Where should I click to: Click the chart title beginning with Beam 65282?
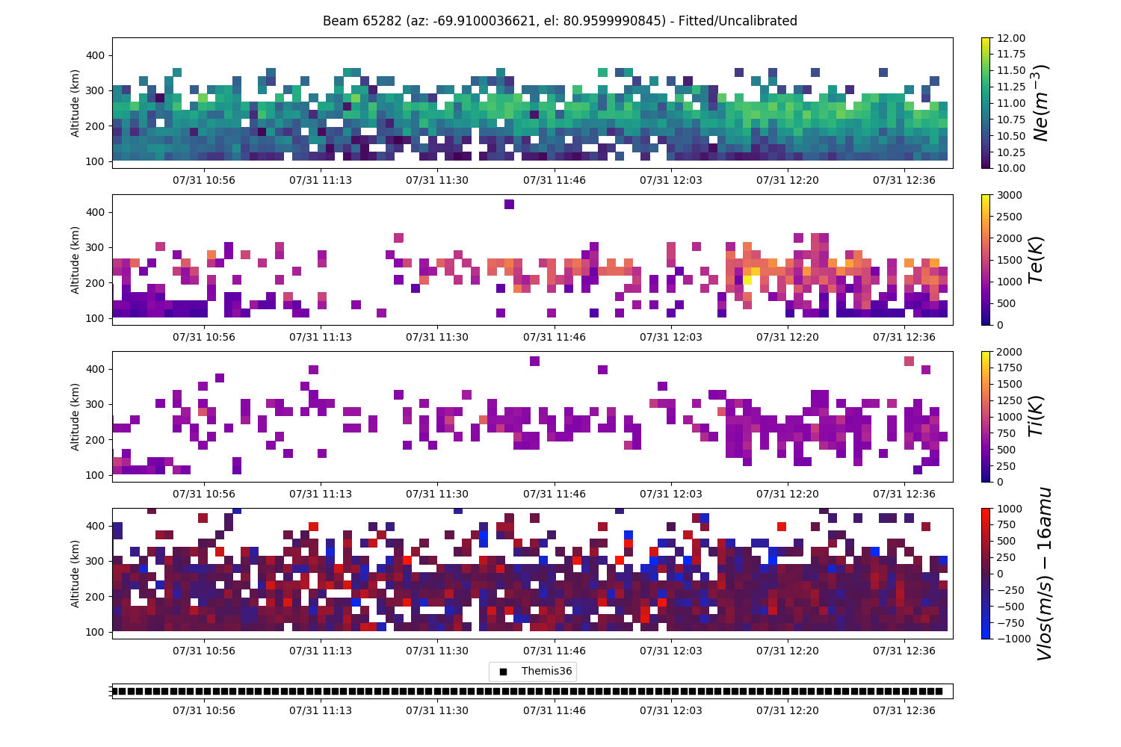pos(560,21)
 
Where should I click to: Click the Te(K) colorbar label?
pos(1035,260)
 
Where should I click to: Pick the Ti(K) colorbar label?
pos(1035,416)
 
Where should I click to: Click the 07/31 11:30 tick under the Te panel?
pos(437,337)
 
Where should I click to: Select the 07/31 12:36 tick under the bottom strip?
pos(904,710)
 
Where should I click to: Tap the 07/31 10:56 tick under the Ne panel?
pos(204,180)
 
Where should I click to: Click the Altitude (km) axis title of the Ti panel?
pos(75,417)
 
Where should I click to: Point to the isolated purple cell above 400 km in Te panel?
pos(509,204)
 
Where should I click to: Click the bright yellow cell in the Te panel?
pos(747,279)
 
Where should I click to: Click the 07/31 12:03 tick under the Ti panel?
pos(670,494)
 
